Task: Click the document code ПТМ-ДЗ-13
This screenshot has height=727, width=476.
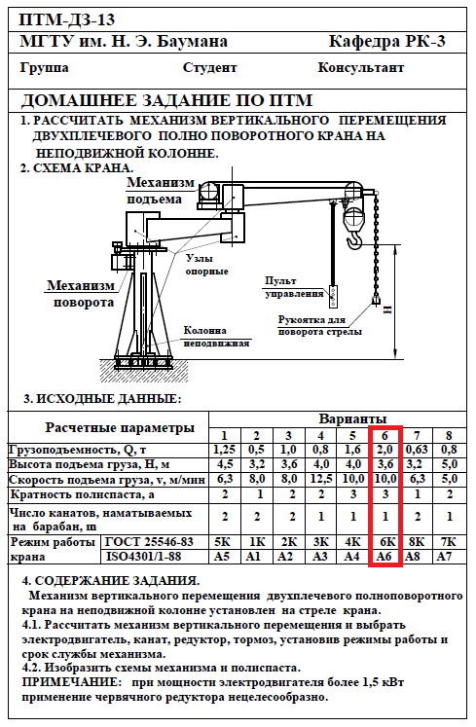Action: [x=67, y=19]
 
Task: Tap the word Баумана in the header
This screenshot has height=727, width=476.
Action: [x=192, y=42]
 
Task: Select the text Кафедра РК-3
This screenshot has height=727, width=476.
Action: [x=386, y=42]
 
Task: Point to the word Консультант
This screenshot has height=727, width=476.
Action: [x=360, y=68]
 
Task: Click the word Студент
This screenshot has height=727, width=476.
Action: [x=209, y=68]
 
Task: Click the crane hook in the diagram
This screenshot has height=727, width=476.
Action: [x=354, y=241]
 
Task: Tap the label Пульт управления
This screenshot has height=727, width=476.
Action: [x=294, y=287]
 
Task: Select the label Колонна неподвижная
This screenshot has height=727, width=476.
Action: [x=217, y=337]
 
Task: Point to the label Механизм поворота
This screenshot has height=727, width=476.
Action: [x=81, y=294]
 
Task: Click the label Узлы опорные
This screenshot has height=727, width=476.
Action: [x=207, y=265]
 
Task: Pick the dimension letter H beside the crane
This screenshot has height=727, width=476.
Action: [x=386, y=309]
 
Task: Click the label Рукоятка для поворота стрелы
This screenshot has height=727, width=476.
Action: [x=320, y=325]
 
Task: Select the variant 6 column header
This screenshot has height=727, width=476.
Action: [x=384, y=435]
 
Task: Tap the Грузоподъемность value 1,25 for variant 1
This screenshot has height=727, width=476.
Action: [x=225, y=450]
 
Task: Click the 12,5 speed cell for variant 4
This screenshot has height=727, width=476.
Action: [x=320, y=479]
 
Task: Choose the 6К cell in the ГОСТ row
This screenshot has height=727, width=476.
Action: [x=385, y=541]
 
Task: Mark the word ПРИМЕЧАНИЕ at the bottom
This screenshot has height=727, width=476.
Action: [x=71, y=682]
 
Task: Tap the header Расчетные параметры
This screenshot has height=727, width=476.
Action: [x=120, y=427]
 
